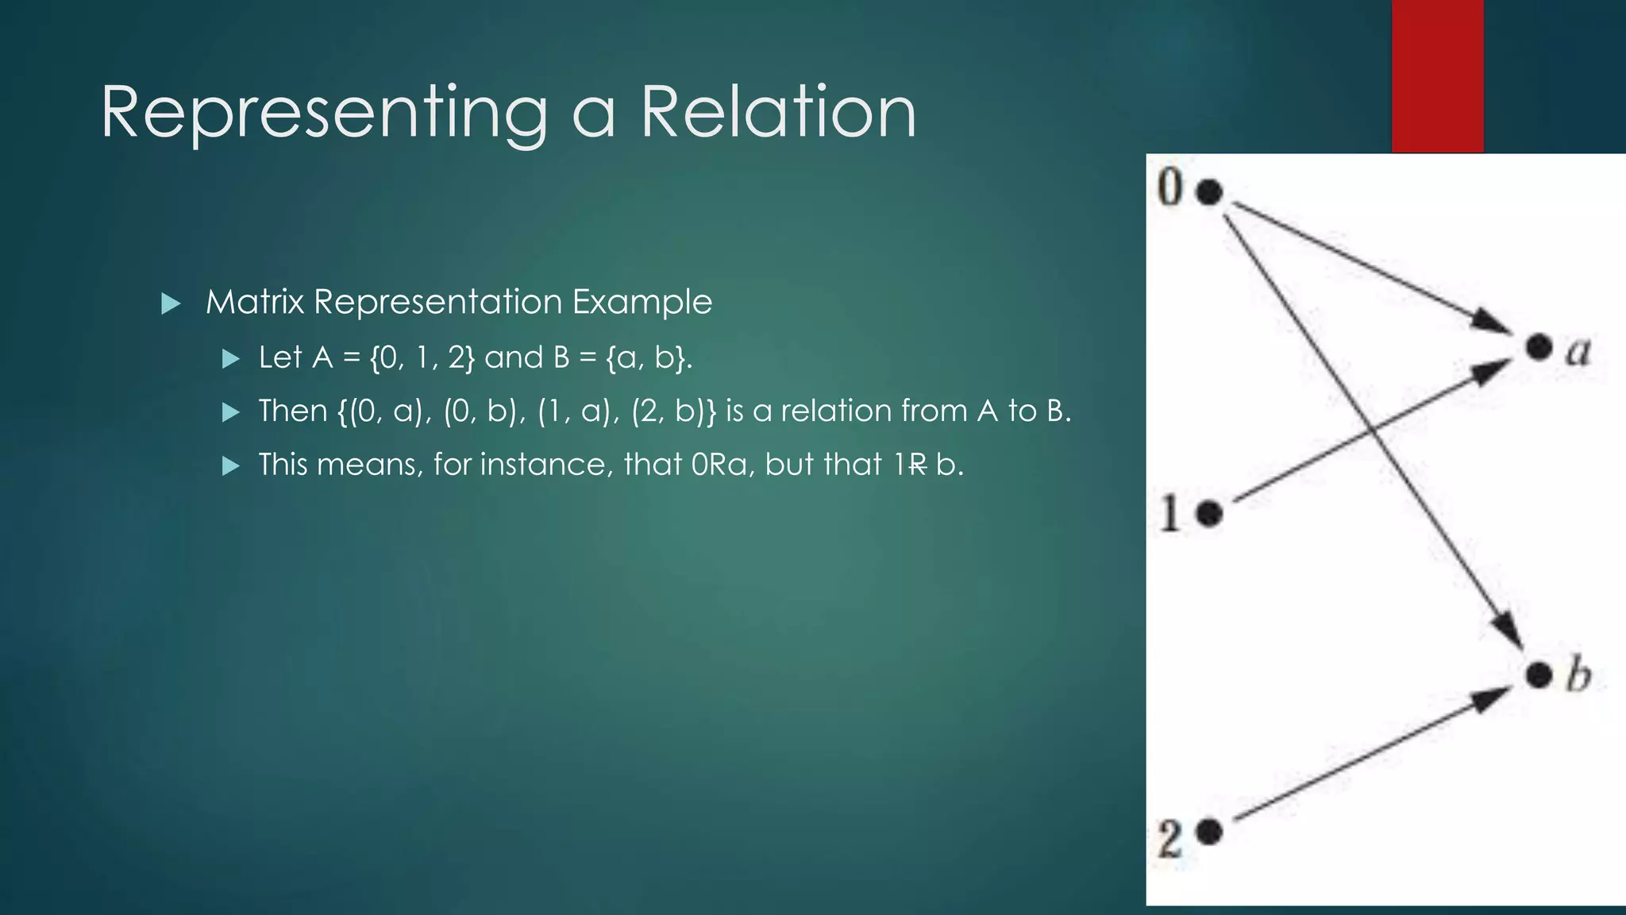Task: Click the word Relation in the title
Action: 778,113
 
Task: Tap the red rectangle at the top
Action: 1437,75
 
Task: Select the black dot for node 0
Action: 1209,191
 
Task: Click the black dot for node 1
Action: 1209,514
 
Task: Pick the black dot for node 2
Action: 1209,832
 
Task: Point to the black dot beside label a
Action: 1539,347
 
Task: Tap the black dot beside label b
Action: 1539,675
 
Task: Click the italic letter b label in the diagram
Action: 1578,675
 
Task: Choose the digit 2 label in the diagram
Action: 1169,839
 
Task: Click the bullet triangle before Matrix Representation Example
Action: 171,303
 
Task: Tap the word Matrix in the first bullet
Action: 254,303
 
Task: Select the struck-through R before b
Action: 917,465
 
